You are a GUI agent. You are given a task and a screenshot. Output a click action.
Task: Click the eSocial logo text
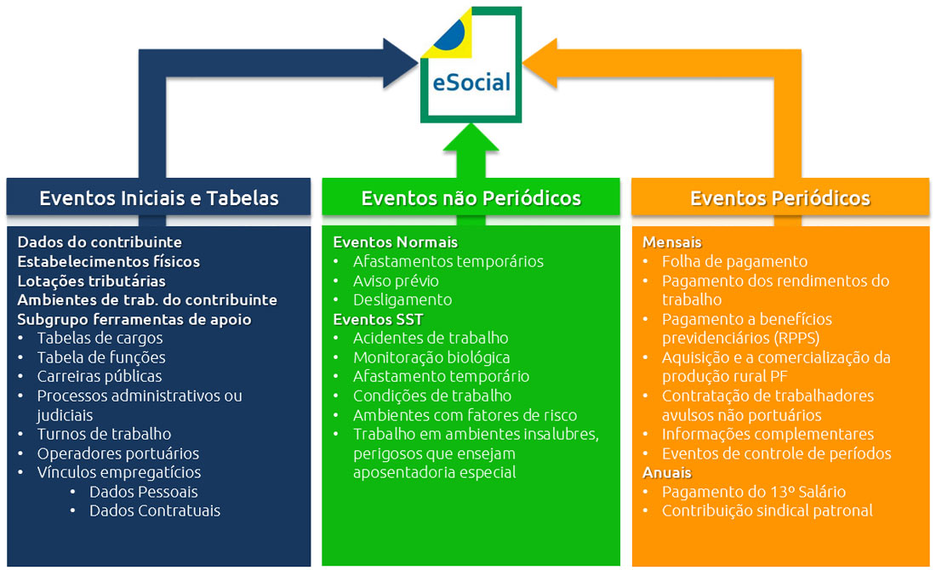471,83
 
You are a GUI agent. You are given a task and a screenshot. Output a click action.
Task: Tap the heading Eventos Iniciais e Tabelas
159,198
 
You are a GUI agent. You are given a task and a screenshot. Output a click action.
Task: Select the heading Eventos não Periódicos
471,198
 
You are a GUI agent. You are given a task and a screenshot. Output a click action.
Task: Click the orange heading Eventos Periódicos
779,198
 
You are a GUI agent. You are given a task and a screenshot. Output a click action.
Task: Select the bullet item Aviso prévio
396,280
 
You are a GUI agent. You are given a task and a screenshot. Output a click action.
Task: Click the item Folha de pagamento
734,261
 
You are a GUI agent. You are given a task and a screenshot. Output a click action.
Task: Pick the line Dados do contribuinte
100,242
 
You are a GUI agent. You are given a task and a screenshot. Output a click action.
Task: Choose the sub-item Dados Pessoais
143,492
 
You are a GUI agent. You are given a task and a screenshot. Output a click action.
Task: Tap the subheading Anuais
667,472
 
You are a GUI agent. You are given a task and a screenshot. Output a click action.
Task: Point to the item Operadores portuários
117,453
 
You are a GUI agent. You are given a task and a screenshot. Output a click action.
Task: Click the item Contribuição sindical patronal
767,510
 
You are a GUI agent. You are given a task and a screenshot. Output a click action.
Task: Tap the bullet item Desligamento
402,299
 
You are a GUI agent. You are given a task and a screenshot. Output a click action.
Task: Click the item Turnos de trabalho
104,434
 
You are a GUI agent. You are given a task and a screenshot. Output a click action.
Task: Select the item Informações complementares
768,434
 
